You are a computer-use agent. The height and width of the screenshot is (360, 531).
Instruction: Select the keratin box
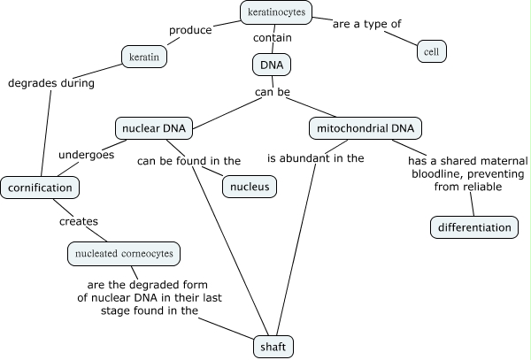pyautogui.click(x=144, y=57)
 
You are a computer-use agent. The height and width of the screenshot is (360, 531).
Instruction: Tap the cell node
pyautogui.click(x=432, y=51)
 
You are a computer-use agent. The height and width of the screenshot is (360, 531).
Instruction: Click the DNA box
pyautogui.click(x=271, y=64)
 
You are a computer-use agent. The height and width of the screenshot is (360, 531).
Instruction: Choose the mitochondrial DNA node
pyautogui.click(x=365, y=128)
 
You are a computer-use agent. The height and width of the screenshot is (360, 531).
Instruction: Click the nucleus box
pyautogui.click(x=250, y=188)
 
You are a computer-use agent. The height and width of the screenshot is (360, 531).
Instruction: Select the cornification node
pyautogui.click(x=40, y=188)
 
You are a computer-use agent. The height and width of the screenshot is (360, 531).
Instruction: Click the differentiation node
pyautogui.click(x=473, y=227)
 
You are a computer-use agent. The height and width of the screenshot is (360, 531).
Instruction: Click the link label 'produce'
pyautogui.click(x=189, y=30)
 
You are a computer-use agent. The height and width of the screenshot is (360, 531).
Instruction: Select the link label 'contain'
pyautogui.click(x=273, y=38)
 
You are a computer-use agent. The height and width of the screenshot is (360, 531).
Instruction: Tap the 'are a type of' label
pyautogui.click(x=366, y=24)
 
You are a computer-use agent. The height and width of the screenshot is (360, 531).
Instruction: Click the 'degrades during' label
pyautogui.click(x=50, y=83)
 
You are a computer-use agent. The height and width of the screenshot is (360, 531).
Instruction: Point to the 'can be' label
pyautogui.click(x=274, y=91)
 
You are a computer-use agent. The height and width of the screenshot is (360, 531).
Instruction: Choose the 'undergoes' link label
pyautogui.click(x=86, y=155)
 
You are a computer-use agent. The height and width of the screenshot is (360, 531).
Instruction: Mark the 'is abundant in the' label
pyautogui.click(x=316, y=158)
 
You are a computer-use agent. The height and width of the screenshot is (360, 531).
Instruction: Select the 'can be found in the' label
pyautogui.click(x=189, y=160)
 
